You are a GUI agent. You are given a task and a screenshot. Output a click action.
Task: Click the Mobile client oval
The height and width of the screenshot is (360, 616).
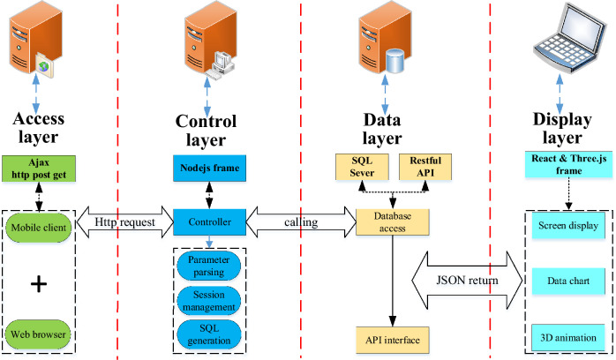point(39,228)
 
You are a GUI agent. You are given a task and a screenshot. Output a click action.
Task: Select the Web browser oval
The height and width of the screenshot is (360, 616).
point(39,334)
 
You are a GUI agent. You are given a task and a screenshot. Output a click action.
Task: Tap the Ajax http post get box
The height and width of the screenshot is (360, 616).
point(39,169)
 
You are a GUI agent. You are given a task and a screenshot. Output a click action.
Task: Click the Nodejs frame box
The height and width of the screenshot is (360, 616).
point(209,168)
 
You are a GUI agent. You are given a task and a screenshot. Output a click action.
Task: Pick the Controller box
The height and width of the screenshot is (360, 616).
point(209,222)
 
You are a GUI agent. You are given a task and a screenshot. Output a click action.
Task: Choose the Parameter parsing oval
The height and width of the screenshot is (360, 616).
point(209,266)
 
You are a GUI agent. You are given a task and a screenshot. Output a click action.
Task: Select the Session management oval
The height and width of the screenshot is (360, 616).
point(209,301)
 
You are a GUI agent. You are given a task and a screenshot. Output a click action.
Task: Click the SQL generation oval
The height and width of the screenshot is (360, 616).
point(209,334)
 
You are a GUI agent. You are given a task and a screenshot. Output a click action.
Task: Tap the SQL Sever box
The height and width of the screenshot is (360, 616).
point(362,167)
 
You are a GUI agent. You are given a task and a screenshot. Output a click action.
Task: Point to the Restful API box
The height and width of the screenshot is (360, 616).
point(425,167)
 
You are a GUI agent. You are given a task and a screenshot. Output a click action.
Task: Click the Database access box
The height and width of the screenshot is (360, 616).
point(393,222)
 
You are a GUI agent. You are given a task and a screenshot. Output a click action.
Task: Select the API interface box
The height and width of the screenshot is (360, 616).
point(393,340)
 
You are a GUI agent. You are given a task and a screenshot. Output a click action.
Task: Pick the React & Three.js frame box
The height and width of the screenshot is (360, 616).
point(568,165)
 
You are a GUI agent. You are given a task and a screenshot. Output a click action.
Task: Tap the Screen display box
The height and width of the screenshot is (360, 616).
point(568,226)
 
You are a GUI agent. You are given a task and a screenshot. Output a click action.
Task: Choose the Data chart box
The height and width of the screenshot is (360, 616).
point(568,281)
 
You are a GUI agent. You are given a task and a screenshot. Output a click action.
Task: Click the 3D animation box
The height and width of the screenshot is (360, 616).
point(568,338)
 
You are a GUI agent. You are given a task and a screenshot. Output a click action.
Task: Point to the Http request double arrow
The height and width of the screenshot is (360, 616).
point(125,222)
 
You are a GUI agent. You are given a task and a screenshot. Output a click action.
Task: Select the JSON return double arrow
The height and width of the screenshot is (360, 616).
point(467,281)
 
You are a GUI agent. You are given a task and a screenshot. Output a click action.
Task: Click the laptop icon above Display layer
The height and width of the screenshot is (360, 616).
point(569,38)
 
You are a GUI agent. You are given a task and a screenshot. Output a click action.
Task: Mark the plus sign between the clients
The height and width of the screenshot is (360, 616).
point(39,284)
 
